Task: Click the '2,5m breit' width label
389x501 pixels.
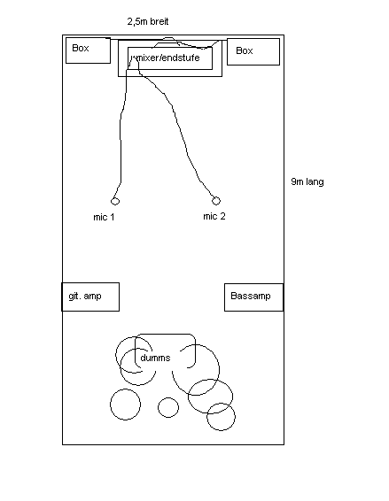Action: pos(148,21)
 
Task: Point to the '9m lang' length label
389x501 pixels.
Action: pos(307,181)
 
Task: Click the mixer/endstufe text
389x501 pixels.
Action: pos(166,58)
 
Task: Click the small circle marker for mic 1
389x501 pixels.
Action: pos(115,201)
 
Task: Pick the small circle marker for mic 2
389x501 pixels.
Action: pos(216,201)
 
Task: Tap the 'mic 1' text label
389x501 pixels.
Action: pos(104,217)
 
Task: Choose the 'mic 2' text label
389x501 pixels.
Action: pos(214,216)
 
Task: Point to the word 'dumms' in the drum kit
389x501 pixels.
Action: pos(155,358)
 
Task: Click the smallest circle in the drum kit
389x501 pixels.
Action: pos(168,397)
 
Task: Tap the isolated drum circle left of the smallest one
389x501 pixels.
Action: pos(126,389)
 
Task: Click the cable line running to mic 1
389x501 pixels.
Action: pos(121,127)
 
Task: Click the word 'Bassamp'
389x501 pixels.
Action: pos(251,296)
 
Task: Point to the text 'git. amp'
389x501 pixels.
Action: pos(85,297)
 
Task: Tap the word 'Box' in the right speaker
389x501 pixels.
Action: pos(245,50)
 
